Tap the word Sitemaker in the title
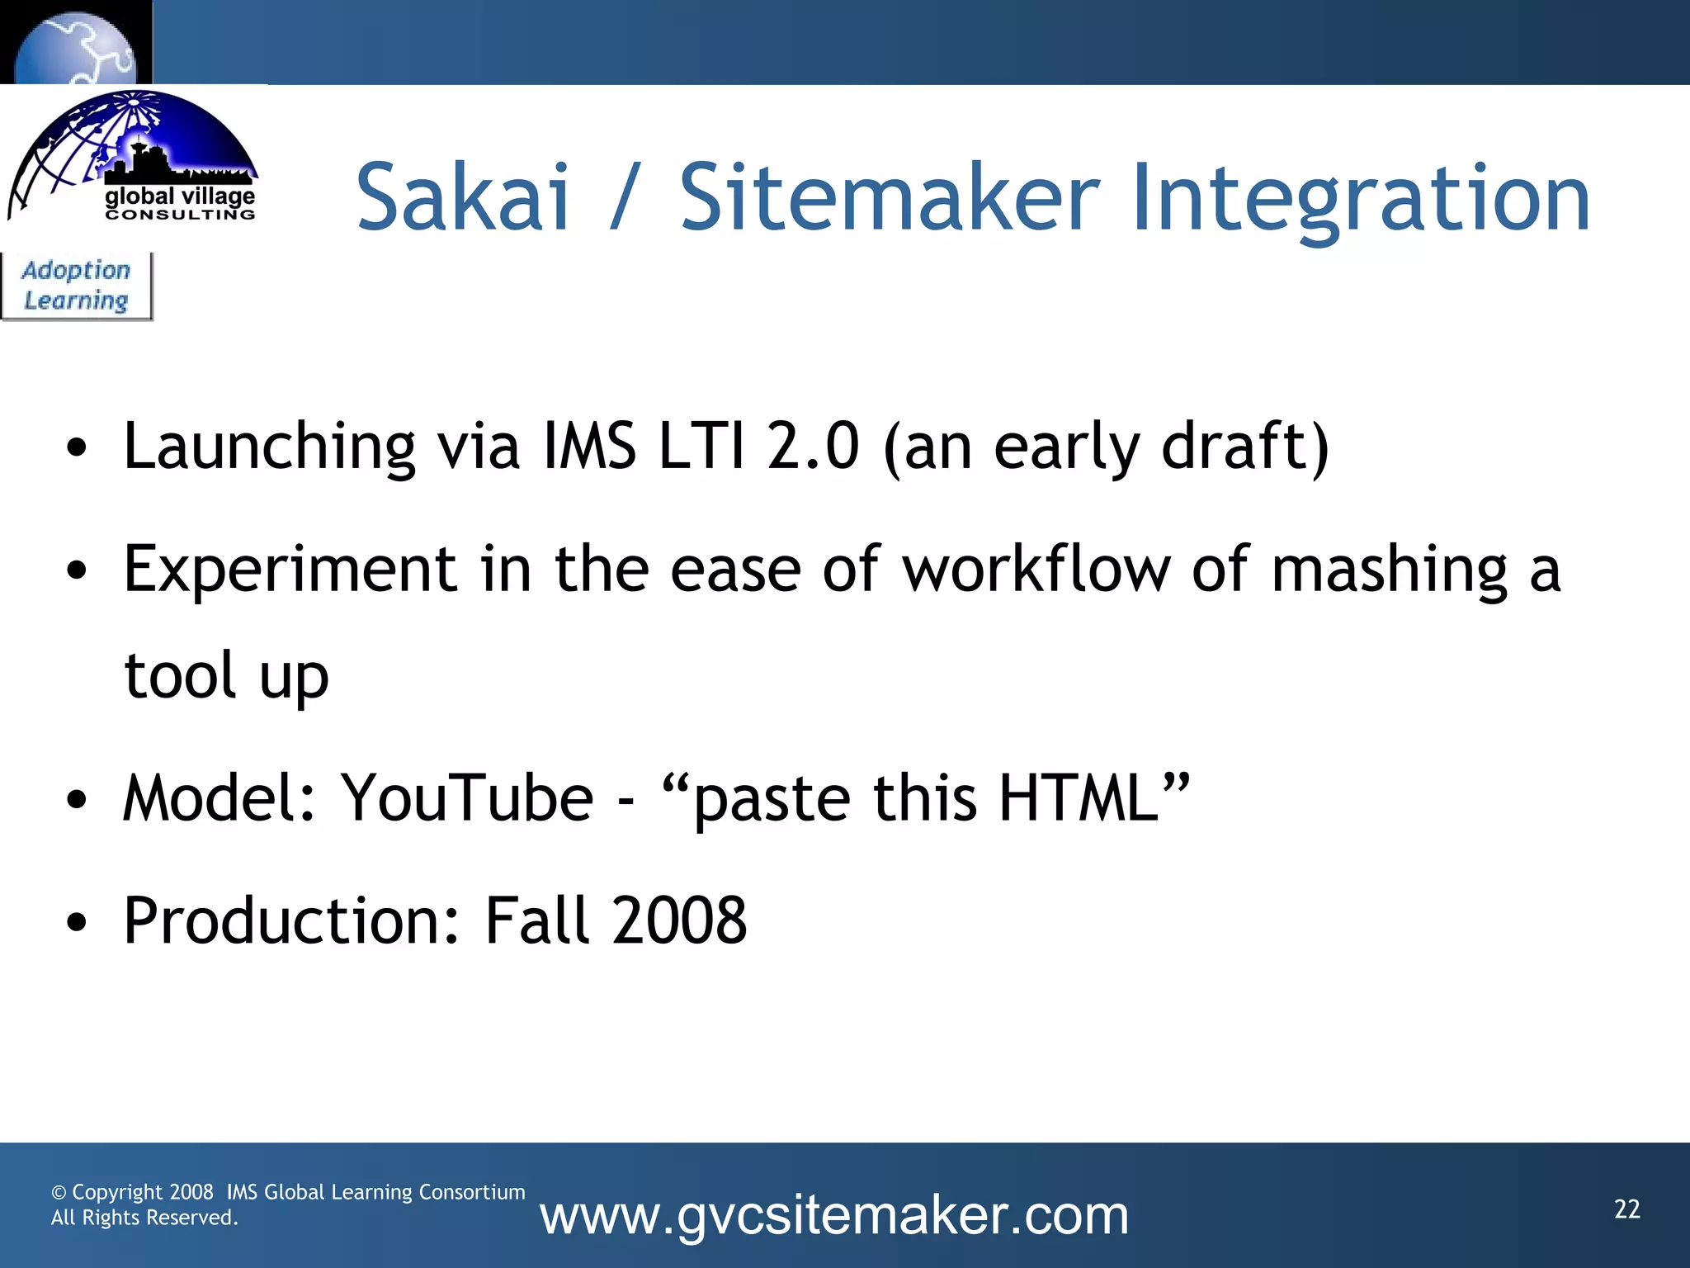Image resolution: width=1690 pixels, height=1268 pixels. coord(890,198)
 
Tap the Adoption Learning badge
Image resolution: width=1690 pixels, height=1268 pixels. coord(76,286)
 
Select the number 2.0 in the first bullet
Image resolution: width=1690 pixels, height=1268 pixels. coord(813,446)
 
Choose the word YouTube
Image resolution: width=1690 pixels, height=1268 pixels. coord(468,798)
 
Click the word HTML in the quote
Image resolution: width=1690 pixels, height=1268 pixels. coord(1079,798)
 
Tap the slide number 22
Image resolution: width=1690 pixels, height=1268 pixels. coord(1626,1209)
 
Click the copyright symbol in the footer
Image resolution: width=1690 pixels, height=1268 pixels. coord(59,1193)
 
